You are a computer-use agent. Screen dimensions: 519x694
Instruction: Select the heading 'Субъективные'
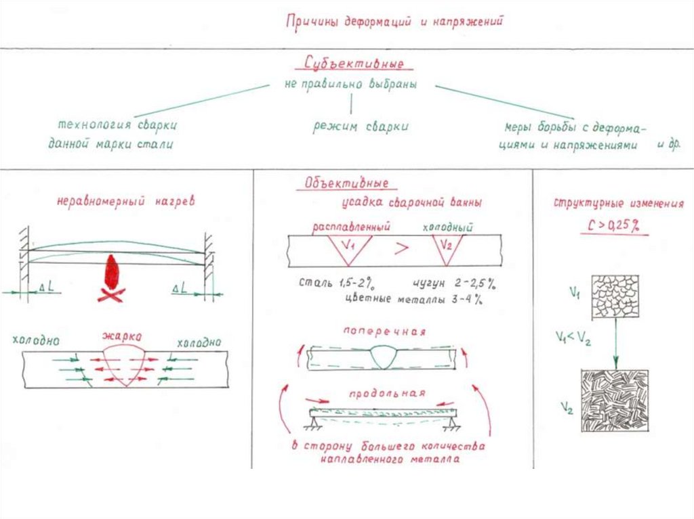click(x=350, y=64)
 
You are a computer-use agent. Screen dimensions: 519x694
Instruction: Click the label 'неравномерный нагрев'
click(x=126, y=200)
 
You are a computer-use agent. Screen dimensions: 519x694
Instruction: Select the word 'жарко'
click(x=122, y=335)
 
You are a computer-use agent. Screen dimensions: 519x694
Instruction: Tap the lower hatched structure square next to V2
click(x=615, y=401)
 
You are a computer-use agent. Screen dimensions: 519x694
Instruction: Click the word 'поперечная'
click(x=384, y=332)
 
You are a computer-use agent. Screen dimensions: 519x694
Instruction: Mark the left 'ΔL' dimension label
click(x=50, y=288)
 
